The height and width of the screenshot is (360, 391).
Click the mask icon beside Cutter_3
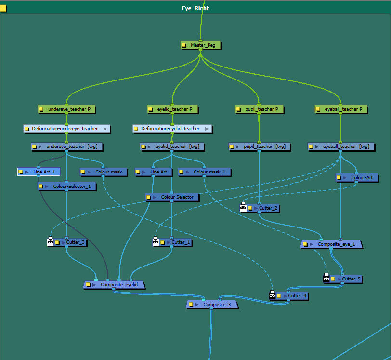(x=50, y=242)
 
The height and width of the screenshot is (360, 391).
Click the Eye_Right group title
(x=195, y=8)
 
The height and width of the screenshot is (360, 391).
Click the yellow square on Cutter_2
(x=250, y=208)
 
